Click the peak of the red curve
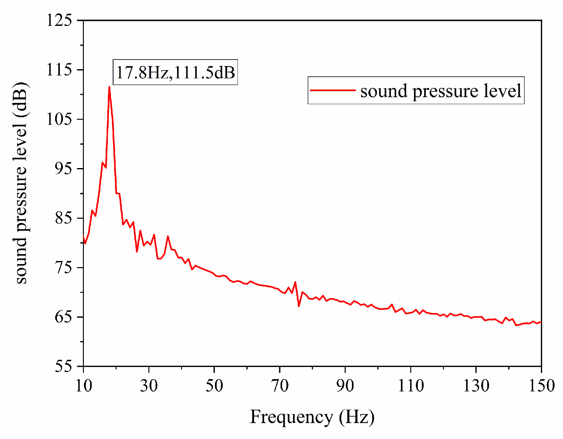coord(109,87)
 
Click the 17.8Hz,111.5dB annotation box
coord(175,72)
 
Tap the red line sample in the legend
coord(333,90)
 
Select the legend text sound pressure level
coord(441,91)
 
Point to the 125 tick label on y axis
coord(59,20)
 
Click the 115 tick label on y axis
coord(59,70)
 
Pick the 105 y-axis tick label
coord(59,119)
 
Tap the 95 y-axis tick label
coord(63,168)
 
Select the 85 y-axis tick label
coord(63,218)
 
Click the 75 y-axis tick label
coord(63,267)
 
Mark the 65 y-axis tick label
coord(63,317)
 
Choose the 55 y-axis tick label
coord(63,366)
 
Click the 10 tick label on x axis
coord(84,386)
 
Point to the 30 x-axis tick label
coord(149,386)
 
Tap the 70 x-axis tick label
coord(280,386)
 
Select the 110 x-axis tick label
coord(411,386)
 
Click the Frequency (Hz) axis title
coord(312,417)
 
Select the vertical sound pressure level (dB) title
coord(21,183)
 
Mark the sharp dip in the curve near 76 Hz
coord(299,306)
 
